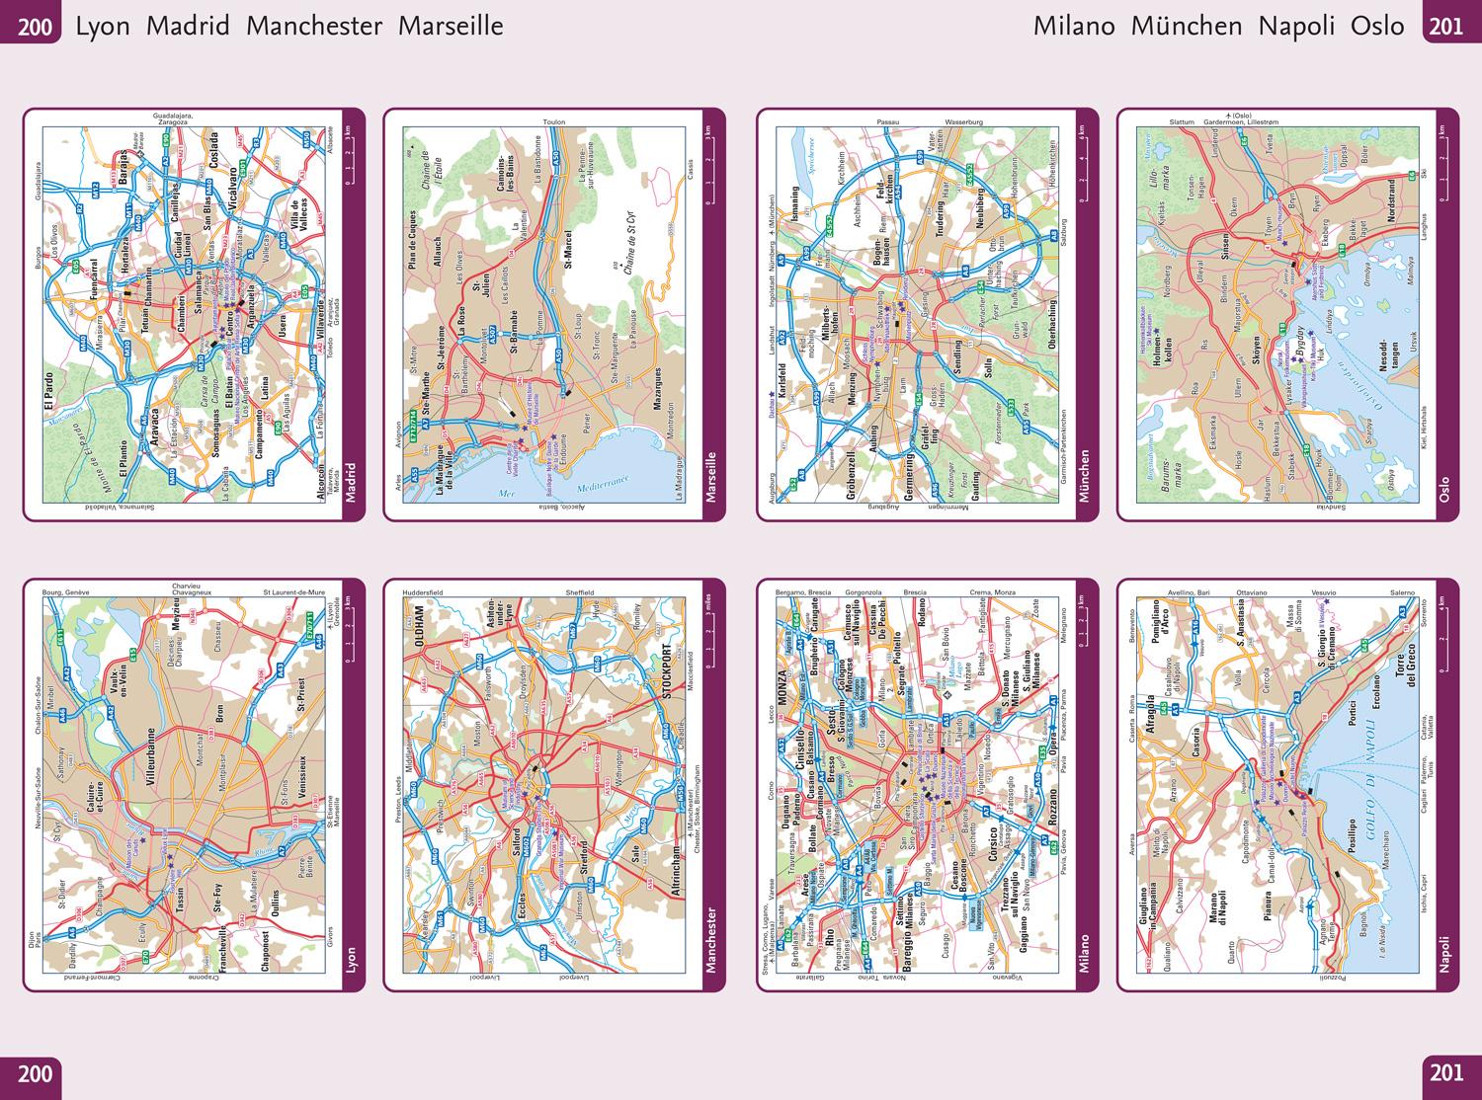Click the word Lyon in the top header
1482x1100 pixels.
pyautogui.click(x=103, y=26)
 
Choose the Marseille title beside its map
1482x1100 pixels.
pyautogui.click(x=711, y=476)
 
